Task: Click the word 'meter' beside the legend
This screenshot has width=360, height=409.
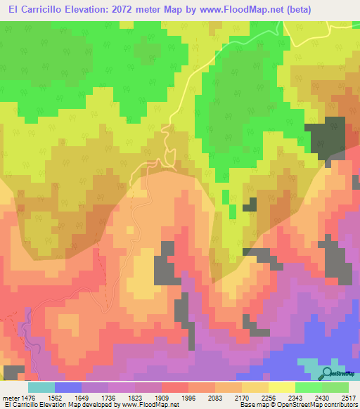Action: pyautogui.click(x=12, y=397)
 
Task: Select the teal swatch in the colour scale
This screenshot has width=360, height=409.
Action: pyautogui.click(x=41, y=387)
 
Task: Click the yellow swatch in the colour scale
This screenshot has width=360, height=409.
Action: pyautogui.click(x=281, y=387)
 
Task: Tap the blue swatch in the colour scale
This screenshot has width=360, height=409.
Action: pyautogui.click(x=68, y=387)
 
